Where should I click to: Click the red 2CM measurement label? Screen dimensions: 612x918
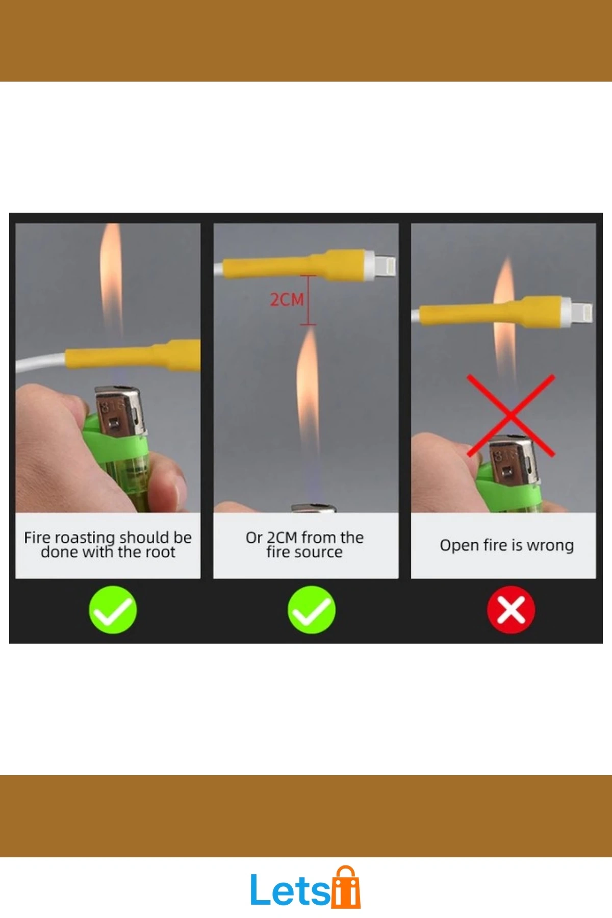pos(287,299)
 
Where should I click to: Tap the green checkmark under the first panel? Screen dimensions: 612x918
pos(113,609)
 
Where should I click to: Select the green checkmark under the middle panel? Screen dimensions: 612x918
pos(312,609)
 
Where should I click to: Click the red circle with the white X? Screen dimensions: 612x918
pos(511,609)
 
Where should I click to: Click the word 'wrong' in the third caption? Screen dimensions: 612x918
pos(550,546)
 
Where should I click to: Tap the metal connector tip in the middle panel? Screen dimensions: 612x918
pos(386,265)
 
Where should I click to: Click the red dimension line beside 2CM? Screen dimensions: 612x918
pos(308,300)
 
